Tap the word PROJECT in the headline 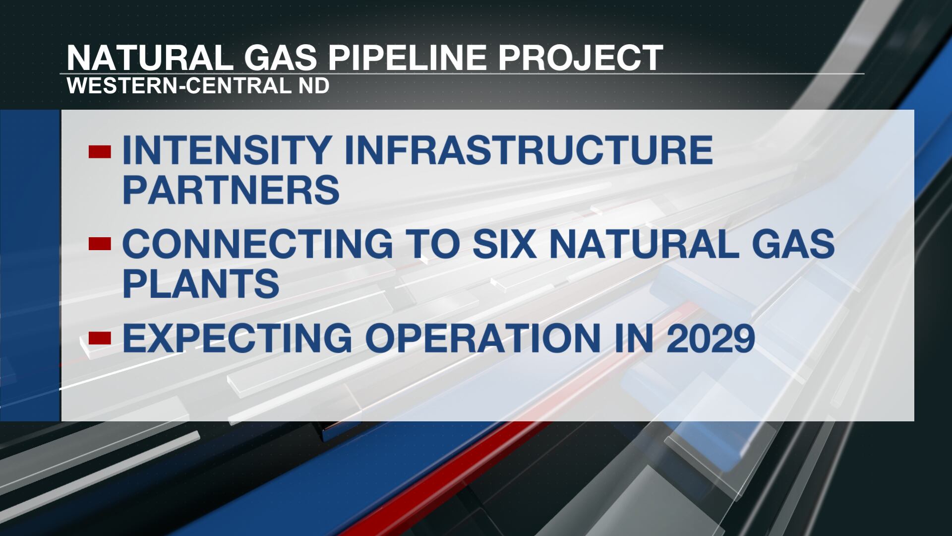tap(581, 58)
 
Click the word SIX tap(504, 244)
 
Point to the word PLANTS tap(201, 283)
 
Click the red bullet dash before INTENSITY tap(99, 151)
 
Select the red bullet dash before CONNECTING tap(99, 244)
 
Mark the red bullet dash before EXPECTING tap(99, 338)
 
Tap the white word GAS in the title tap(280, 58)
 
